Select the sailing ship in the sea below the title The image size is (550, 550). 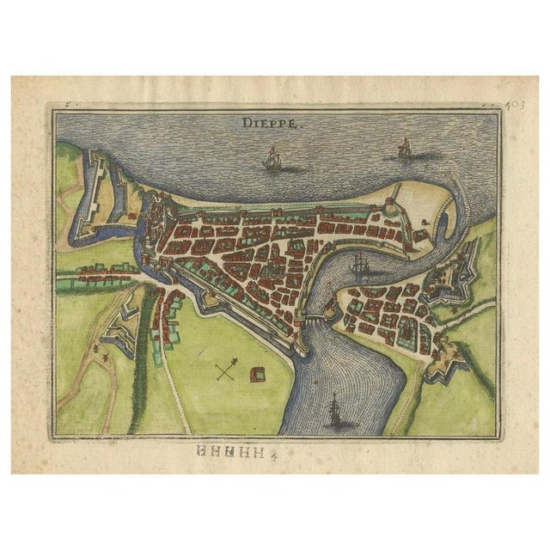point(272,159)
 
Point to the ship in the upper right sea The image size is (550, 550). point(403,150)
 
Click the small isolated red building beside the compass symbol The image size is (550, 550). point(256,372)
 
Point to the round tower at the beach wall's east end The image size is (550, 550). point(392,203)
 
